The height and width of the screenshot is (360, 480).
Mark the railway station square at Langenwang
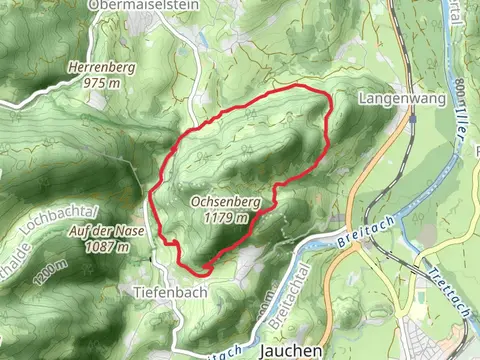411,117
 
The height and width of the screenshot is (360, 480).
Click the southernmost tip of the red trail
200,270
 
